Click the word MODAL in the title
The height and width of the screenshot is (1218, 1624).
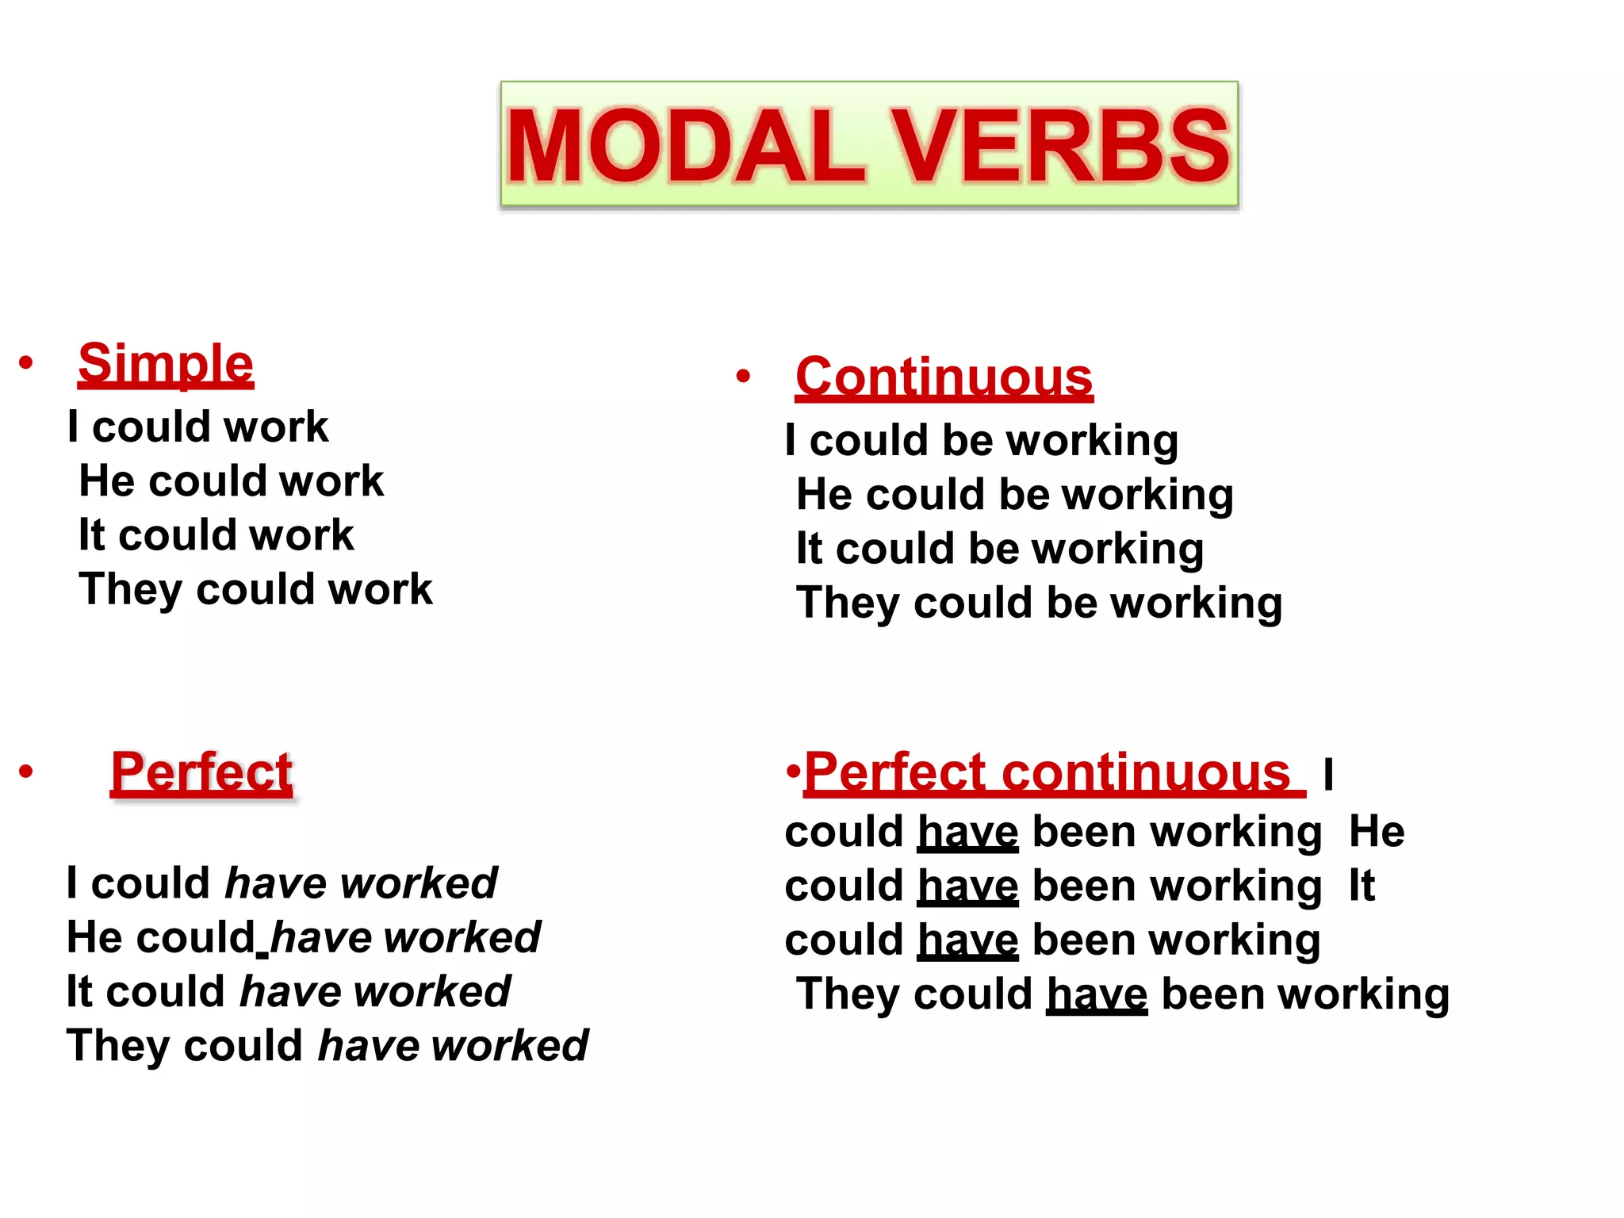(686, 147)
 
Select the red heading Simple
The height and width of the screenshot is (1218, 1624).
(166, 364)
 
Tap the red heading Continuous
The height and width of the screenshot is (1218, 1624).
(944, 377)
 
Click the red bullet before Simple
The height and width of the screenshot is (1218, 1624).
(26, 363)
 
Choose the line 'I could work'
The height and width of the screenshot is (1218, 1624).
(198, 427)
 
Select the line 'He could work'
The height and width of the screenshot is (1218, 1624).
(231, 481)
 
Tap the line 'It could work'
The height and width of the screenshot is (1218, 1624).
(216, 535)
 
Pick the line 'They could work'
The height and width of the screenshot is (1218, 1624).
(255, 590)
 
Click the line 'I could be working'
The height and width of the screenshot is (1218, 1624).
(982, 441)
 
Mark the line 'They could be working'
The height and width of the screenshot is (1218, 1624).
(1039, 603)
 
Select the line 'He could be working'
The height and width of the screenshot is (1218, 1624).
(1015, 495)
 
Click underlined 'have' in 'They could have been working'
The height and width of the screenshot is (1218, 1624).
(1097, 994)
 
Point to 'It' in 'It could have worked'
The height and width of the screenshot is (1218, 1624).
(79, 992)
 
